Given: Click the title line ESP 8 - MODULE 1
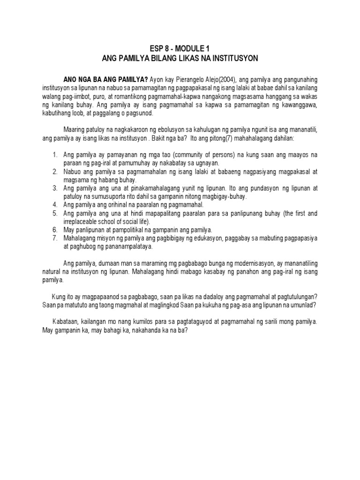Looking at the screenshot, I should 180,48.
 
